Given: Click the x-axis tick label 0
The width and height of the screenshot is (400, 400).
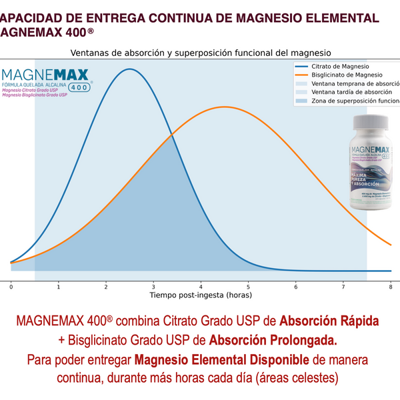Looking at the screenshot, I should pos(11,286).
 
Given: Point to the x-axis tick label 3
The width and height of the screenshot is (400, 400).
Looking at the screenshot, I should pos(153,286).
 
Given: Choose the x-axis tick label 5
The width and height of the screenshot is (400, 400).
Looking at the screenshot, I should pos(248,286).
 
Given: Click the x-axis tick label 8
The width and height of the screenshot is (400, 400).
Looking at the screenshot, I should pos(391,286).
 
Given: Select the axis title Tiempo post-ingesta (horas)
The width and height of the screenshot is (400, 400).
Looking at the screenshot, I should pos(201,295).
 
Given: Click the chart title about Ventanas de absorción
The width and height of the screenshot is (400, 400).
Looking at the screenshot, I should pos(201,52).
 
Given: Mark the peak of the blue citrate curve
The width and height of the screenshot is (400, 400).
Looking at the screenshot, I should pos(129,69).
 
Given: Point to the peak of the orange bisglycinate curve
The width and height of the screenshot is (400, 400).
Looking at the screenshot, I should pos(225,107).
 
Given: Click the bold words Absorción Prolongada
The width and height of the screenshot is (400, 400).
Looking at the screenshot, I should pos(273,340).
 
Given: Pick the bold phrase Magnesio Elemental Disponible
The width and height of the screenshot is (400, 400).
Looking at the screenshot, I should pos(222,360).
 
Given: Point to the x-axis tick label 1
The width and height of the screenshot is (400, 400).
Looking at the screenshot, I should pos(58,286).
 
